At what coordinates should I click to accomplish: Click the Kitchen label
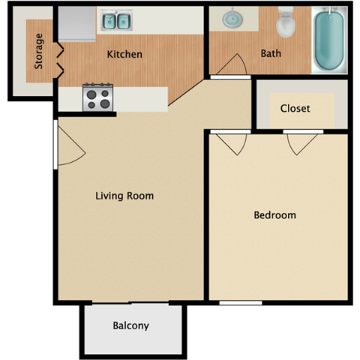[124, 54]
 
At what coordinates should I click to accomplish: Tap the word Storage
[38, 51]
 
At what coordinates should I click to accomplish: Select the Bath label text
[271, 54]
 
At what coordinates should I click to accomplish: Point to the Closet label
[295, 108]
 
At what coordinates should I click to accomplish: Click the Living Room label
[124, 196]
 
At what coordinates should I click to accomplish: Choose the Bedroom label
[274, 215]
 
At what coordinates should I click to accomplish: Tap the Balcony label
[130, 325]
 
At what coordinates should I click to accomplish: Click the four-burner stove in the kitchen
[97, 97]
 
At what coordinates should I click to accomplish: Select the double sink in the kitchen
[115, 21]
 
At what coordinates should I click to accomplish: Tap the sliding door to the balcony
[131, 303]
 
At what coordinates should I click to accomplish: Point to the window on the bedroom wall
[240, 303]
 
